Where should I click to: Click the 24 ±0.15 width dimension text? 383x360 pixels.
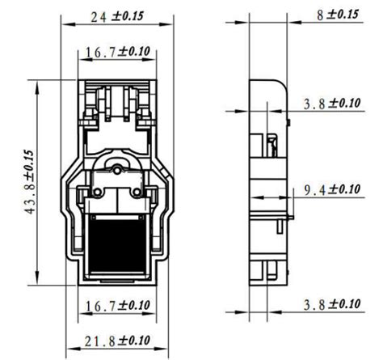coord(116,15)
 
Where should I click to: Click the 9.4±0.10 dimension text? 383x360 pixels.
coord(331,189)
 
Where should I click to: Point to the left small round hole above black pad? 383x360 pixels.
coord(96,192)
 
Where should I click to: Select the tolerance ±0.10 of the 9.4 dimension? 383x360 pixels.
coord(344,189)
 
